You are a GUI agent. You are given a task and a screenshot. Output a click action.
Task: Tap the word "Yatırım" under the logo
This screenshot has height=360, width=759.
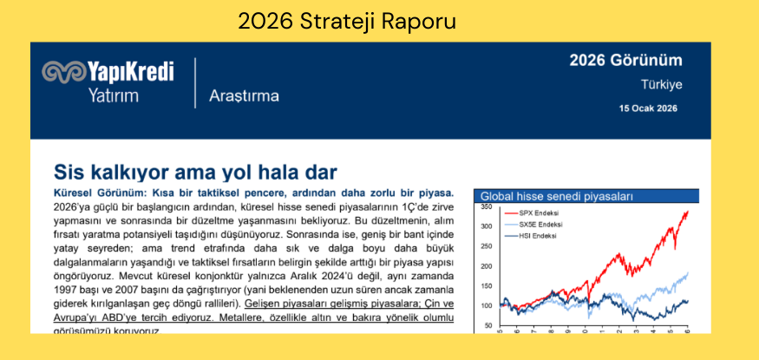coord(113,95)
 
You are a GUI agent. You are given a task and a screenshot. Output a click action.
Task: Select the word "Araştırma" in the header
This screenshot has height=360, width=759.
coord(244,95)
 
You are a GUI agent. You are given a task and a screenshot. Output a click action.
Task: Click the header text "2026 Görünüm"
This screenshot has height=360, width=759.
coord(625,60)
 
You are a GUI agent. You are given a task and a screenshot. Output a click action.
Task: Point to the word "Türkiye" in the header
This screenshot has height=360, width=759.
coord(661,85)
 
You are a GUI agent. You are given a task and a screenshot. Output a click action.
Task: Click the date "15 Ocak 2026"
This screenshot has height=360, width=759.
coord(648,109)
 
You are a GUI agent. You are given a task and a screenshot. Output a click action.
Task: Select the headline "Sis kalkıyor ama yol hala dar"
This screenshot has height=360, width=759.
coord(195,171)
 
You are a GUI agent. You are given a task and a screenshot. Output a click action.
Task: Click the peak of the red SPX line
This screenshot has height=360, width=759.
coord(688,211)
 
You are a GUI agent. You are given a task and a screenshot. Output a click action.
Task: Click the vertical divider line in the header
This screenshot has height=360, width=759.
coord(195,83)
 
